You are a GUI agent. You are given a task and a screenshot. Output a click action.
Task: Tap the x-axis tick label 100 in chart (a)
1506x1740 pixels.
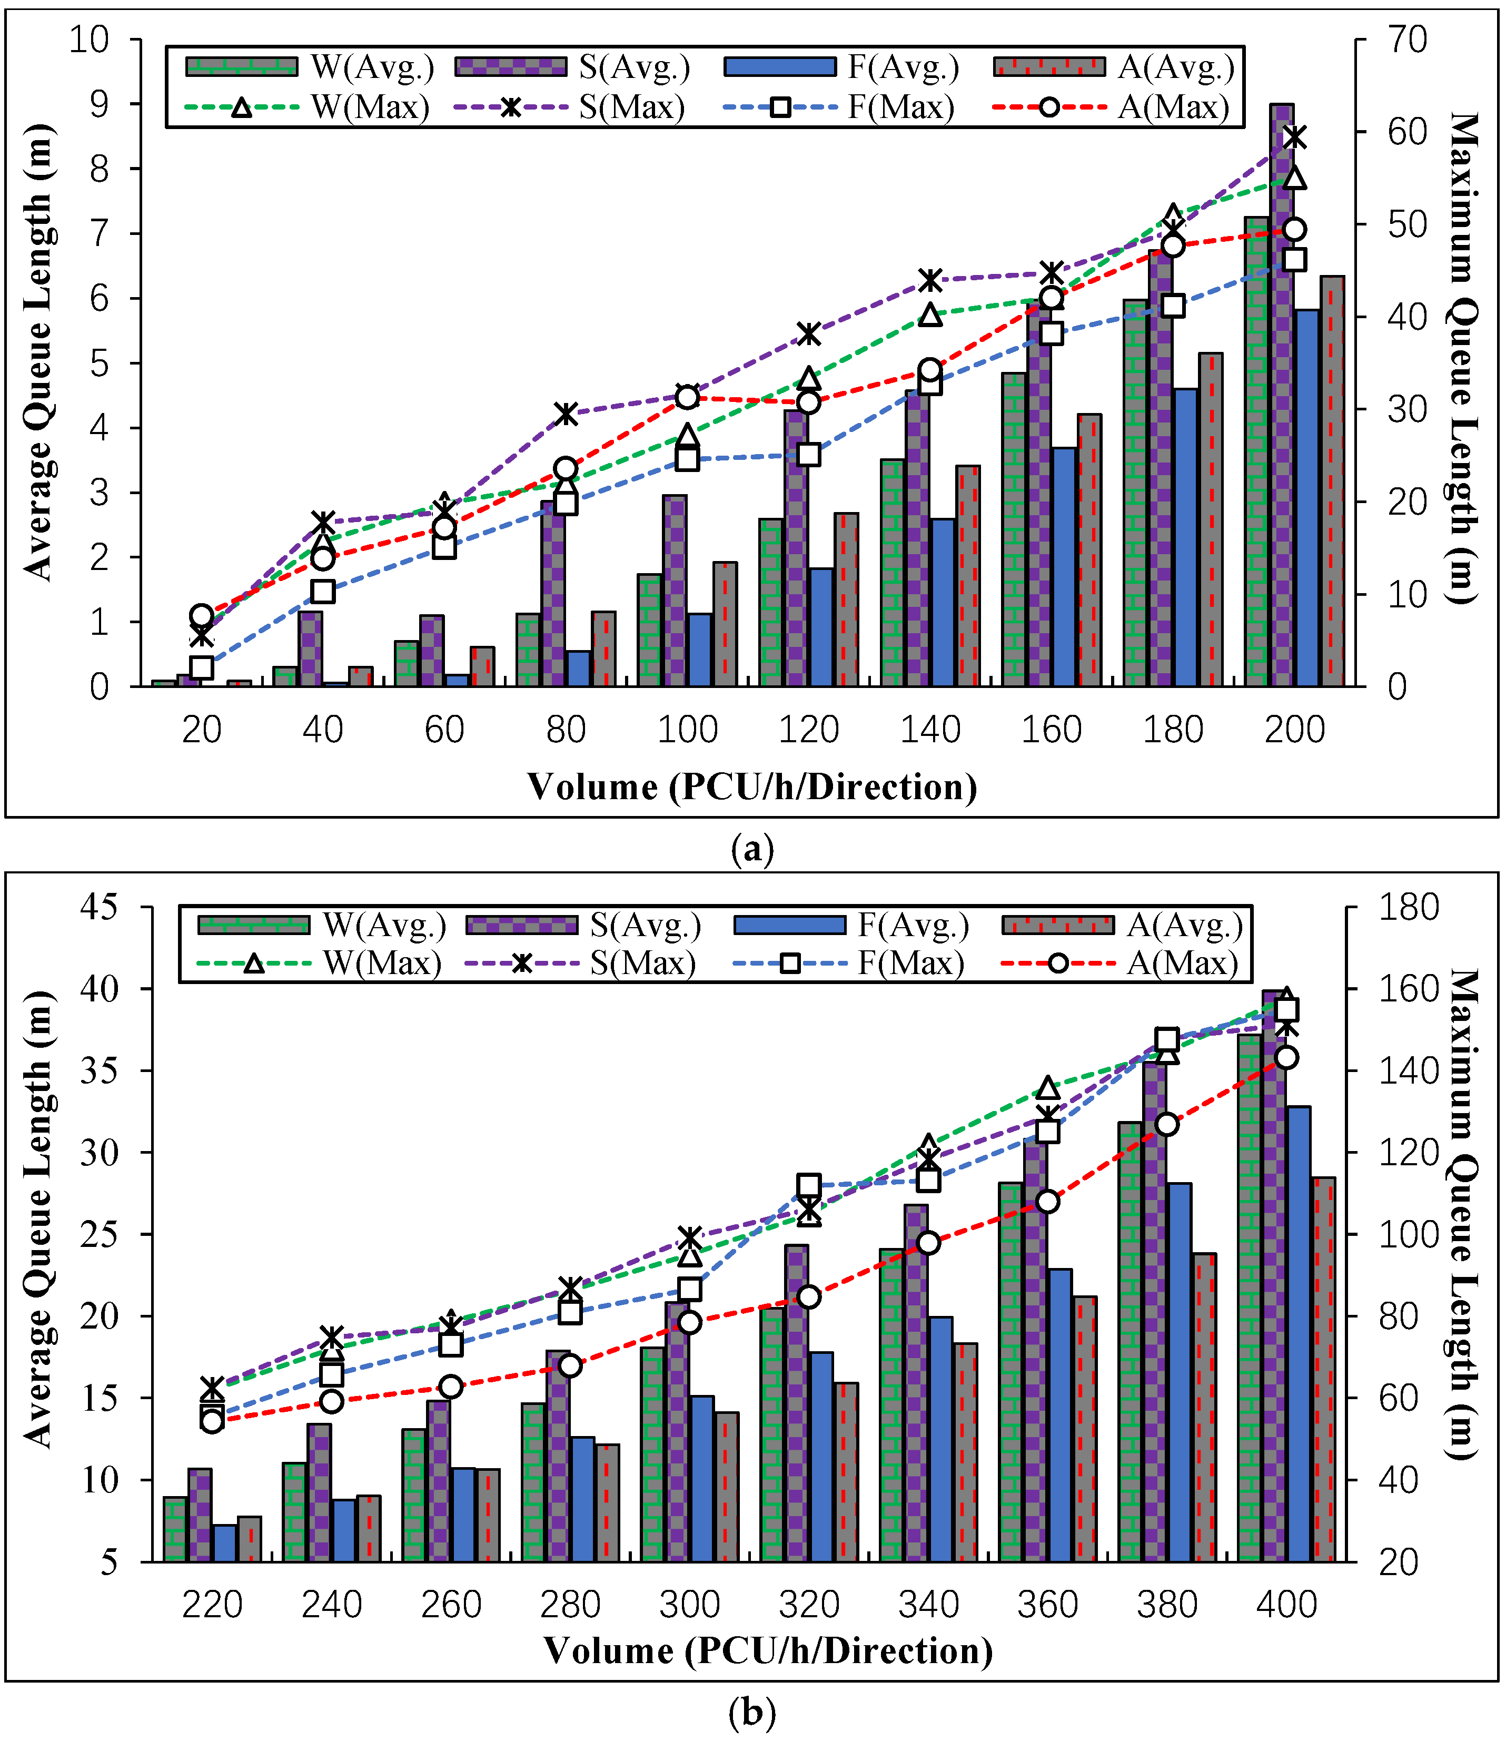tap(688, 730)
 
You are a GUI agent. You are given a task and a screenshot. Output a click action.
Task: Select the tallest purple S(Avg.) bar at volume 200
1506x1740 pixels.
tap(1282, 395)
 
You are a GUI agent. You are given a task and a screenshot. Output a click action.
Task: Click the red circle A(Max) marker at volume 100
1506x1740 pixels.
tap(688, 397)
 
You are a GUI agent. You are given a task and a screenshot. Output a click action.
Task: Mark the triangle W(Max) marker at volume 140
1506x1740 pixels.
tap(929, 315)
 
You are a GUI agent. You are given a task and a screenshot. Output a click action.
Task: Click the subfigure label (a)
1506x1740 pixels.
tap(752, 849)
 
